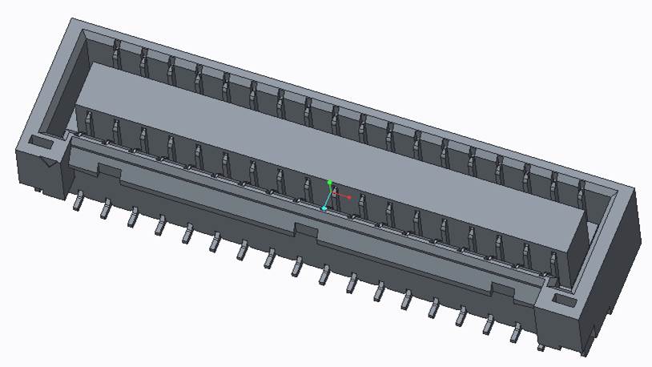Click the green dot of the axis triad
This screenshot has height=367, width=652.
[x=329, y=183]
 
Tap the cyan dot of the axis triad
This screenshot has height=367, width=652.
[x=324, y=208]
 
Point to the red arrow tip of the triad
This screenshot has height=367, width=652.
[x=351, y=196]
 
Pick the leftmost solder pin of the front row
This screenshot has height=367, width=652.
[x=78, y=202]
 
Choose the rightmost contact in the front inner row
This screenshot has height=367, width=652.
[x=552, y=260]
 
